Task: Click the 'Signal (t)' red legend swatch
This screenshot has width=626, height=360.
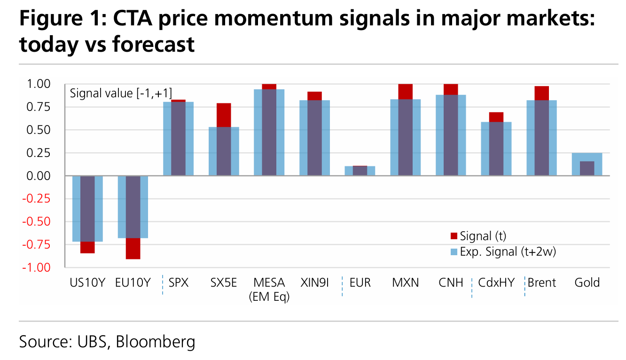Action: coord(454,236)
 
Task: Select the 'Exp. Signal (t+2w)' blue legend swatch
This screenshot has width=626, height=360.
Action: coord(454,252)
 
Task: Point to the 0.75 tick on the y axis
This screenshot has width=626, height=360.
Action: coord(38,107)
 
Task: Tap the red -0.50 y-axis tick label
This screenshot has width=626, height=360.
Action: coord(36,222)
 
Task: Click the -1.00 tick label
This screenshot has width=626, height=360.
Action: coord(36,267)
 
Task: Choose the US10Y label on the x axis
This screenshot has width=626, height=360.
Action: coord(87,282)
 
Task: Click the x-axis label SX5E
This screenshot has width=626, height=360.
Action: coord(224,282)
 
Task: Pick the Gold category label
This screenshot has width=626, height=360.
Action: coord(587,282)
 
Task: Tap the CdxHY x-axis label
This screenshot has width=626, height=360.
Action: coord(496,282)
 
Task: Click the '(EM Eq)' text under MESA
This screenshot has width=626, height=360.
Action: coord(269,297)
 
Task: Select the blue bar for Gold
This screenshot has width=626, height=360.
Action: coord(587,164)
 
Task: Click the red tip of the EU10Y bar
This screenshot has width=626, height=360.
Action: coord(133,249)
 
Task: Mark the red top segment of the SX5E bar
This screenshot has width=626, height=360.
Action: coord(224,115)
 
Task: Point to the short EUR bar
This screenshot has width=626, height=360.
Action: coord(360,171)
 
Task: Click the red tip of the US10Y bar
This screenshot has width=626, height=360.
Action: coord(87,247)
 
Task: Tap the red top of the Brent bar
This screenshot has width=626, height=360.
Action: coord(541,93)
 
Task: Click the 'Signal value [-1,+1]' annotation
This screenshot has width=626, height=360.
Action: coord(121,94)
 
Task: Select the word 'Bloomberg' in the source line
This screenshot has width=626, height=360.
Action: coord(156,342)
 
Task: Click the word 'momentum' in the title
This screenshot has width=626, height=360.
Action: coord(274,18)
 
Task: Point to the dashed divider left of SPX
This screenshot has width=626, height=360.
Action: coord(163,285)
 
